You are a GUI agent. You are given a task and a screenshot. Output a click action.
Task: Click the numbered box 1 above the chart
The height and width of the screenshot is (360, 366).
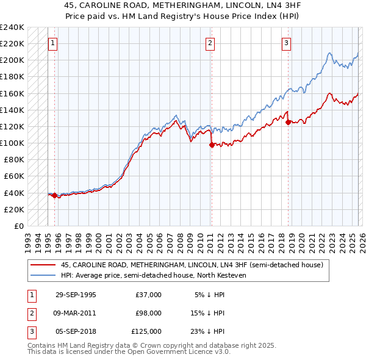(x=54, y=43)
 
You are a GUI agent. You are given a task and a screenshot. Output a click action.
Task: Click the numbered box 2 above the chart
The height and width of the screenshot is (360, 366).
(x=210, y=43)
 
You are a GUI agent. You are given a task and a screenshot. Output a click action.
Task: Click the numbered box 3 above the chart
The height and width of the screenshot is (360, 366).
(x=286, y=43)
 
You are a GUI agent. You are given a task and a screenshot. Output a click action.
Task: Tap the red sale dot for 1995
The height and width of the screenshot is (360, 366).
(x=54, y=195)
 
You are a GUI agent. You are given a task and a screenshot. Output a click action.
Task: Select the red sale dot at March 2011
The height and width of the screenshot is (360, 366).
(x=211, y=145)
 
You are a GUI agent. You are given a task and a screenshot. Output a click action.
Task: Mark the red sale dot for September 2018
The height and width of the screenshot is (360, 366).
(x=287, y=122)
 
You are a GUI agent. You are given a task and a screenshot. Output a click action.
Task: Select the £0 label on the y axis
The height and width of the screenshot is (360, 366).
(x=18, y=226)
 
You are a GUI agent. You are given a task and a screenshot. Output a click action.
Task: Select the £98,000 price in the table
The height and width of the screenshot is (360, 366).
(x=148, y=313)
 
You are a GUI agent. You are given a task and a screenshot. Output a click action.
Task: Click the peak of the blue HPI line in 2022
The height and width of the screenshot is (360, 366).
(x=329, y=52)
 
